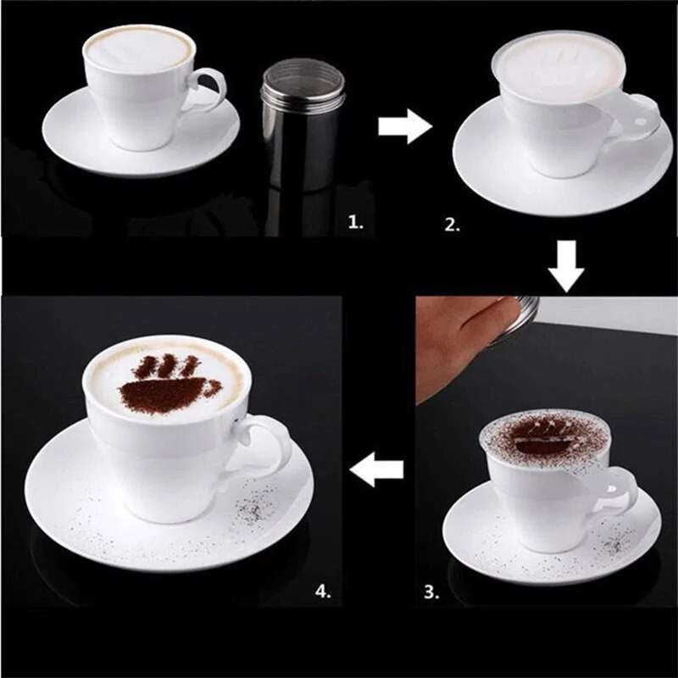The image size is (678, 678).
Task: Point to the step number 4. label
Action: click(322, 592)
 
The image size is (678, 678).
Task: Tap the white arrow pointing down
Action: click(566, 266)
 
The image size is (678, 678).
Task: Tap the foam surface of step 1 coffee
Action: click(139, 46)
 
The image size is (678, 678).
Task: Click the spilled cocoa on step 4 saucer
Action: click(251, 509)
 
